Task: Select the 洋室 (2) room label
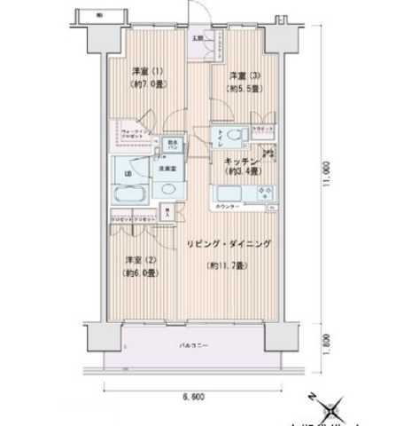135,260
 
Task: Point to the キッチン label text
240,161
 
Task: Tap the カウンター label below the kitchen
226,207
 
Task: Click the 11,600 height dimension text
329,173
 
